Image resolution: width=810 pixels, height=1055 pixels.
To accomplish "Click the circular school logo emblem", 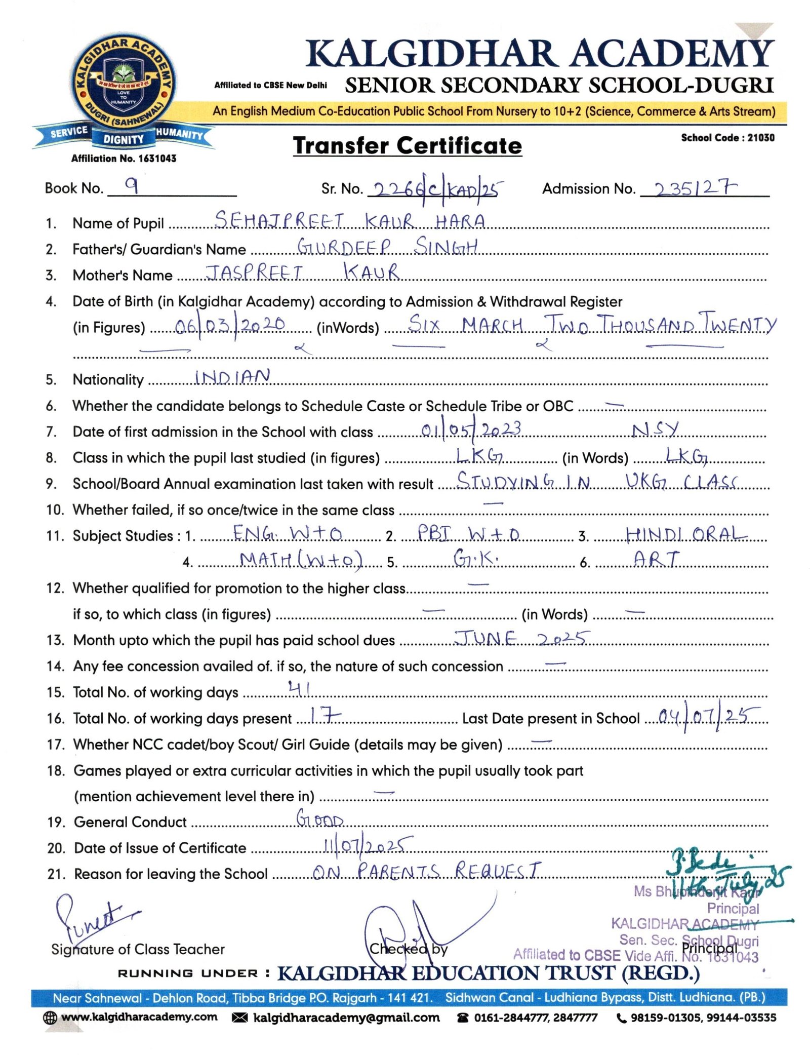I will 123,85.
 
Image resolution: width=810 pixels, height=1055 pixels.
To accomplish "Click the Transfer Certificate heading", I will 407,146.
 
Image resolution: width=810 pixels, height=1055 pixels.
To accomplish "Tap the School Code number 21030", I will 760,138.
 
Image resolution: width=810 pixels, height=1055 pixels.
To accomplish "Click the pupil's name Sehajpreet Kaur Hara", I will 349,221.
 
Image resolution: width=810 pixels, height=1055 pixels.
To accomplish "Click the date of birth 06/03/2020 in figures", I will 230,325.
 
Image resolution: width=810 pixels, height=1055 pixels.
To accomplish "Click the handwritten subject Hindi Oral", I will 686,534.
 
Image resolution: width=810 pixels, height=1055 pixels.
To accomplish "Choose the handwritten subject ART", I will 656,559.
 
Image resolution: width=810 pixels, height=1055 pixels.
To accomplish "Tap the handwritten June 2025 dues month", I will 522,638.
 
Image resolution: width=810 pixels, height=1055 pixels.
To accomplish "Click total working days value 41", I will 299,688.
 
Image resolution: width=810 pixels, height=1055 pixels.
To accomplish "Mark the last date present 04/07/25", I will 708,717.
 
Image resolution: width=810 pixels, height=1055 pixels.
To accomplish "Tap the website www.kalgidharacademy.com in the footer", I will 139,1017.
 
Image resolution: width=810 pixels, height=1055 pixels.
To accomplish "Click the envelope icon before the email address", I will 239,1018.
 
